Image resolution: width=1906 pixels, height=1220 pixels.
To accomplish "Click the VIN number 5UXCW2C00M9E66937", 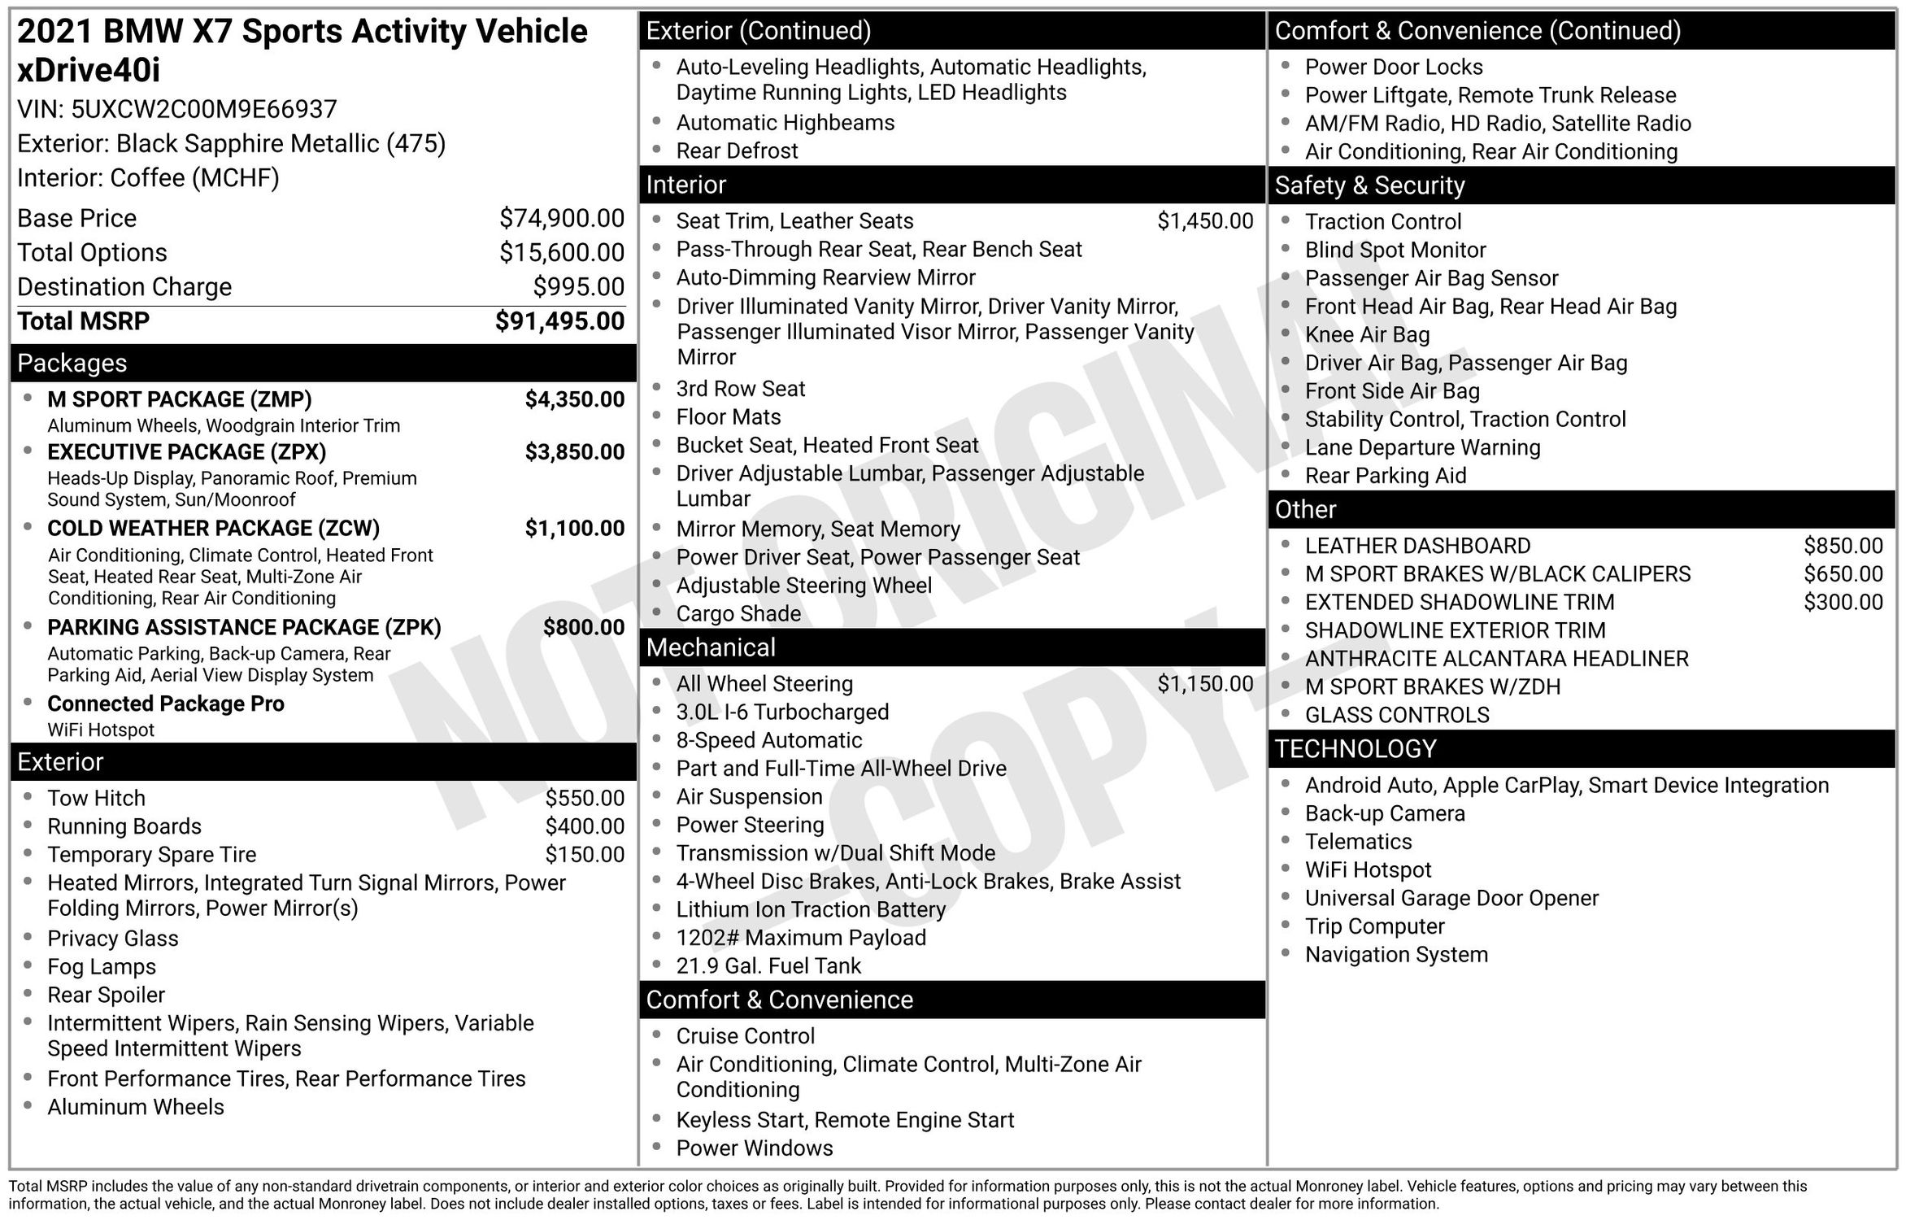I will (203, 109).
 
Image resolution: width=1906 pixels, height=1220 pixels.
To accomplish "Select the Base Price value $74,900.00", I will (562, 218).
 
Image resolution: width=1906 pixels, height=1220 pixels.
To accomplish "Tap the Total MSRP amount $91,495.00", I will (559, 321).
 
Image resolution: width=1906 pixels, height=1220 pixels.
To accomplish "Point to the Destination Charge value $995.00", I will (579, 286).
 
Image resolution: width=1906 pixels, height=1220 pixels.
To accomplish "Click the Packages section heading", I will (72, 363).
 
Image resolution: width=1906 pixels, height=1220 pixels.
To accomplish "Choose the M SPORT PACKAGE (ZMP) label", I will (180, 399).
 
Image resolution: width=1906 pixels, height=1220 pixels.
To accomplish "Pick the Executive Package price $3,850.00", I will (575, 452).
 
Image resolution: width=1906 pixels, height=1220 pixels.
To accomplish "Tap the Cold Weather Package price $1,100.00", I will (575, 529).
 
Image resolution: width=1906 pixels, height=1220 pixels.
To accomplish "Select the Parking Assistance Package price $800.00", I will (584, 627).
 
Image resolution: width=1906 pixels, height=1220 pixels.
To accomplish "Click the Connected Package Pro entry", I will (166, 704).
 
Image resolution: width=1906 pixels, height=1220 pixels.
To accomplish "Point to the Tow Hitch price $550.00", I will (585, 798).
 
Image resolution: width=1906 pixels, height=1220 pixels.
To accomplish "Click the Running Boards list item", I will (124, 826).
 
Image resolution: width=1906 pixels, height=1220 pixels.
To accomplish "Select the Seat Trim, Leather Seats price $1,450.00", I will (1205, 220).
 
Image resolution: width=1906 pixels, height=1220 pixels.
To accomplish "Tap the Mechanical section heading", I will (711, 647).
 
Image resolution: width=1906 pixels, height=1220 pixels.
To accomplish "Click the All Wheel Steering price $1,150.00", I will (1205, 684).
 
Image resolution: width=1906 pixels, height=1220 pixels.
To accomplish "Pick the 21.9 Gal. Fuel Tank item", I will (768, 965).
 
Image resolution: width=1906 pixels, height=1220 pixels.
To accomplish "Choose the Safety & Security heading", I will (1369, 185).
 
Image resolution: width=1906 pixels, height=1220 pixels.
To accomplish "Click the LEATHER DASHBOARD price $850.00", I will (1843, 546).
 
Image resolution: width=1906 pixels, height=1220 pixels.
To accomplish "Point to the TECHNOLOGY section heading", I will (1356, 748).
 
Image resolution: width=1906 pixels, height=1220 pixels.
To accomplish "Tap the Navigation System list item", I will (1396, 954).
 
